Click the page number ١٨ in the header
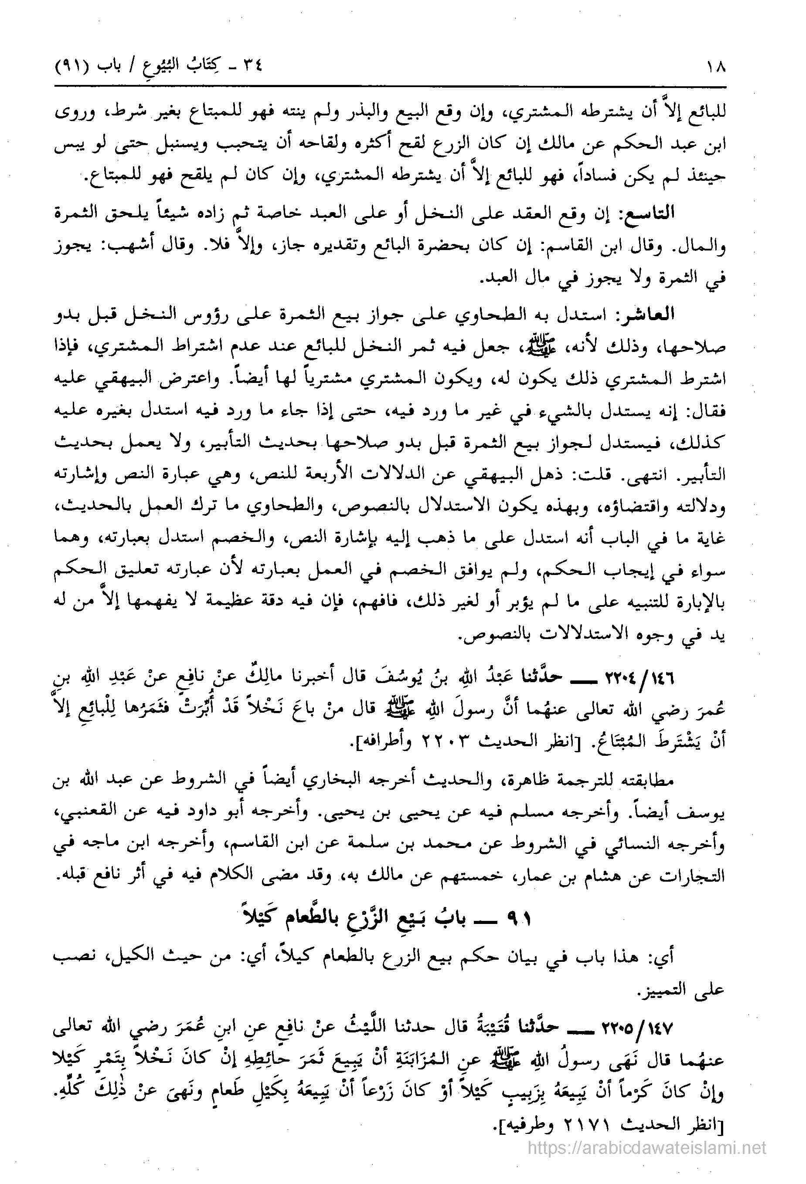[713, 66]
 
